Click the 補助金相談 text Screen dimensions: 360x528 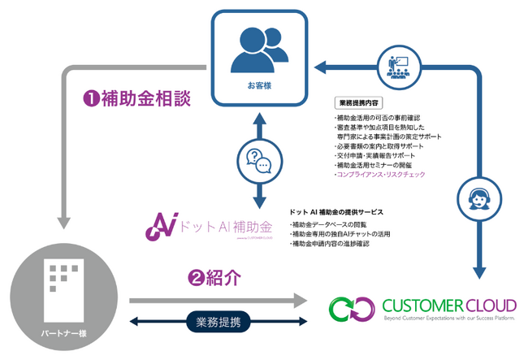click(x=145, y=99)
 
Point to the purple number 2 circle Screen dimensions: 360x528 click(x=195, y=278)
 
